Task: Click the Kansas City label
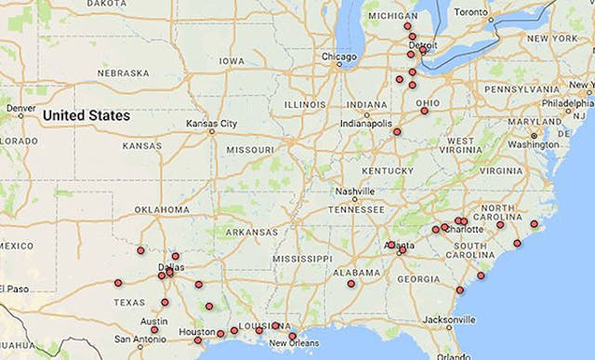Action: coord(211,123)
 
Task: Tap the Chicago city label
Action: coord(338,56)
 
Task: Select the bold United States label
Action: coord(86,116)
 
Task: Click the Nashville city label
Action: coord(355,191)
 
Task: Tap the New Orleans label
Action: coord(295,344)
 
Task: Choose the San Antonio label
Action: coord(140,339)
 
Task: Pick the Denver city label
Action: coord(20,108)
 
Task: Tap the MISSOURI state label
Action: coord(249,149)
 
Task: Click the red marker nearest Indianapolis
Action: coord(397,131)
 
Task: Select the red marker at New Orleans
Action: coord(292,336)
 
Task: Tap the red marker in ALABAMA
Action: coord(350,284)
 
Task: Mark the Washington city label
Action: coord(534,144)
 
